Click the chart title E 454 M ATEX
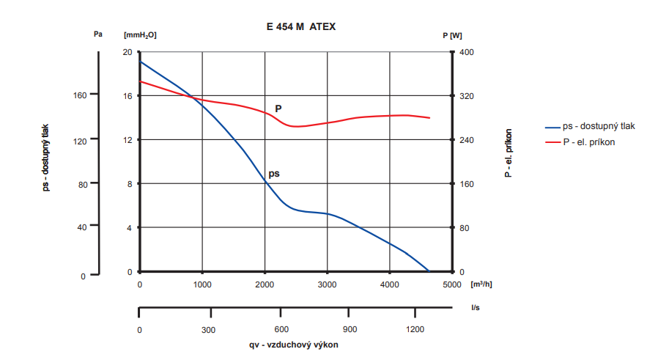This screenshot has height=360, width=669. click(301, 26)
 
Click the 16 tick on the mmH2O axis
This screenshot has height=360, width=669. click(127, 96)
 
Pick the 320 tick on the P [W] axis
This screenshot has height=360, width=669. click(467, 96)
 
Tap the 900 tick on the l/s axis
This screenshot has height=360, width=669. click(350, 330)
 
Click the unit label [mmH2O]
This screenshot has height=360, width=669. click(140, 34)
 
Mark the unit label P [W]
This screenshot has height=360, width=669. click(452, 34)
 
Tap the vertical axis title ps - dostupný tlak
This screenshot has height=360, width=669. click(45, 158)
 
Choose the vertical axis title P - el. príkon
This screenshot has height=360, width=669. click(508, 153)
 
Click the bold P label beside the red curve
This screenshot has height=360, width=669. click(278, 109)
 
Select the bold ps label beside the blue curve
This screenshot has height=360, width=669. click(274, 174)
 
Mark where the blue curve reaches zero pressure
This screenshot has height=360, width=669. click(429, 271)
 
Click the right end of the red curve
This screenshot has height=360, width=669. click(429, 118)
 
